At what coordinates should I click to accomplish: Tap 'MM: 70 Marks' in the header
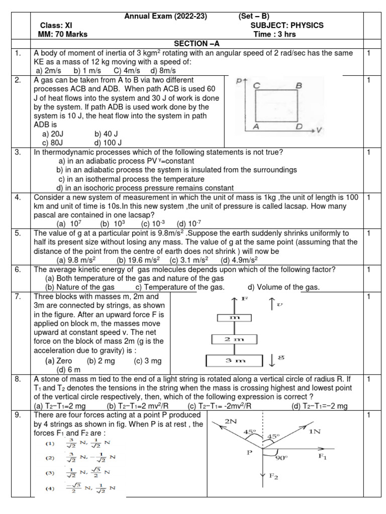63,34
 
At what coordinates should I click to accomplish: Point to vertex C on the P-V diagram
256,86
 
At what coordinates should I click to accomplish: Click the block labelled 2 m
234,340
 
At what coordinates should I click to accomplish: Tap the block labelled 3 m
234,360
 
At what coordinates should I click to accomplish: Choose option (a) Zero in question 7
59,360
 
